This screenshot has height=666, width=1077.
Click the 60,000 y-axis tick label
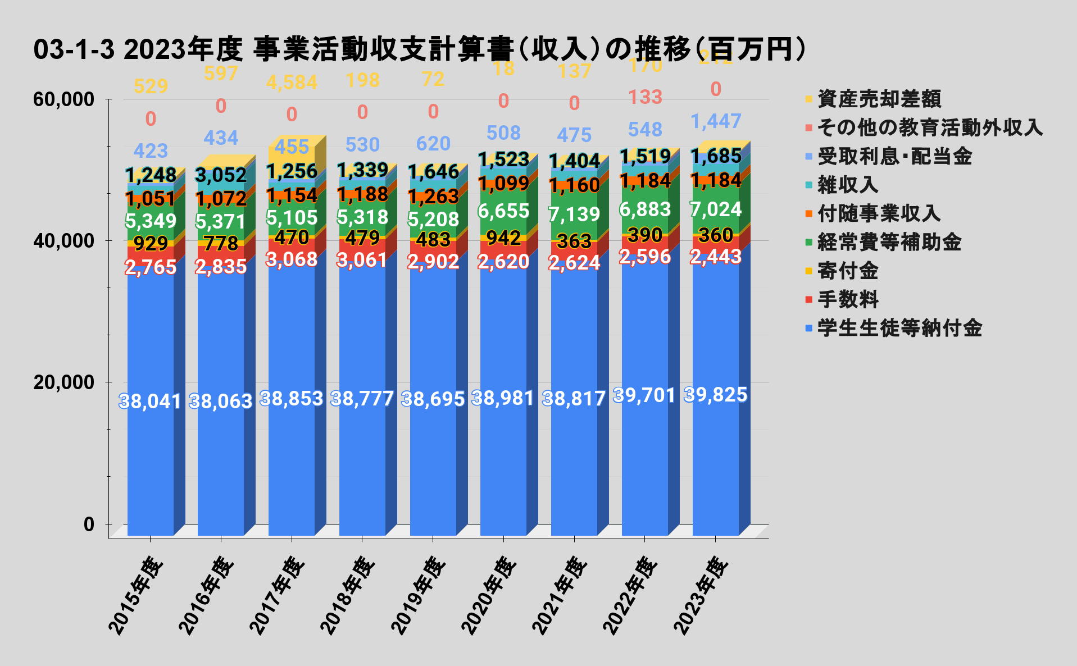63,99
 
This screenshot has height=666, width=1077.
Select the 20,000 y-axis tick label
63,382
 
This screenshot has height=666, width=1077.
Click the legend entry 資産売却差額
879,99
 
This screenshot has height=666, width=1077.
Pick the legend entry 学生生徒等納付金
899,328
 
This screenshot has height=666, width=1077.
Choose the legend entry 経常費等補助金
889,243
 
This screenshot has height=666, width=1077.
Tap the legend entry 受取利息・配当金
894,157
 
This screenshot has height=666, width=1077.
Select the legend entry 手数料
848,299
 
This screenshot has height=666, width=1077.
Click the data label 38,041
150,402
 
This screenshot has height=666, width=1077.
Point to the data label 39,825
716,395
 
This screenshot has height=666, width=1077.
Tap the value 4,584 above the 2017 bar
292,83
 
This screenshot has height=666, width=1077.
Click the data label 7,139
574,214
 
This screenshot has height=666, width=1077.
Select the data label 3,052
221,175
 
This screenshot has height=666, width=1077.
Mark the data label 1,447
716,121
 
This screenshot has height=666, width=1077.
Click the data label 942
503,238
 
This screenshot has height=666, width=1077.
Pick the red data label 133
645,98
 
